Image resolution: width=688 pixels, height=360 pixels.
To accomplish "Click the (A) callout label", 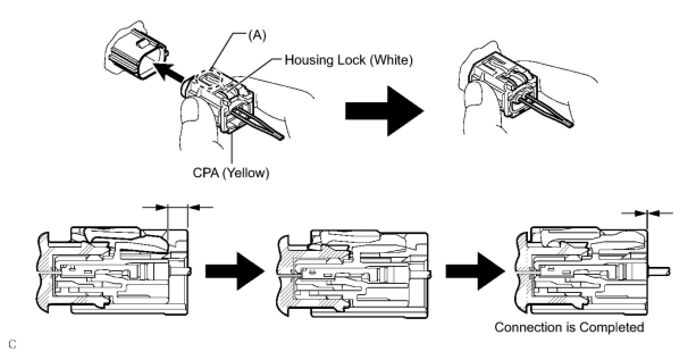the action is [257, 36].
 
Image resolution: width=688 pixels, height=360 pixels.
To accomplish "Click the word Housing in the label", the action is [308, 60].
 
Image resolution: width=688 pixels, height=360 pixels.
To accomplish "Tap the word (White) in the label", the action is [391, 60].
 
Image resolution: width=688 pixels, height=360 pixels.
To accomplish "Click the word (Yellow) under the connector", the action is [245, 173].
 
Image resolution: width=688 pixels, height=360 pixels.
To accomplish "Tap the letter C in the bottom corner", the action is [12, 344].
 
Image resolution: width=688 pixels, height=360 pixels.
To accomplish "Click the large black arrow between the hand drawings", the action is [384, 111].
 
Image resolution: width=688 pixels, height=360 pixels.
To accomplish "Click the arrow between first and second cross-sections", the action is [235, 271].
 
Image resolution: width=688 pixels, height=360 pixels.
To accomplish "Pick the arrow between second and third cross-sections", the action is [475, 271].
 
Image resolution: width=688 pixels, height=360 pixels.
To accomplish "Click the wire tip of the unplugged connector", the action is [280, 137].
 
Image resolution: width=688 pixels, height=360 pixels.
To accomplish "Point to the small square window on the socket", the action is [142, 44].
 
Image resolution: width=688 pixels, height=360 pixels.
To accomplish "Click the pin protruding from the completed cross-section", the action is [659, 271].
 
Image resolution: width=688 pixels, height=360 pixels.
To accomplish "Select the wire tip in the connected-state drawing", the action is [570, 124].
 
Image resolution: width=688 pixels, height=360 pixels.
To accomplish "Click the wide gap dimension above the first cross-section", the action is [178, 208].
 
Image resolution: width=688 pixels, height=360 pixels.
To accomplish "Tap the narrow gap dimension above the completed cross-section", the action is [647, 213].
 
